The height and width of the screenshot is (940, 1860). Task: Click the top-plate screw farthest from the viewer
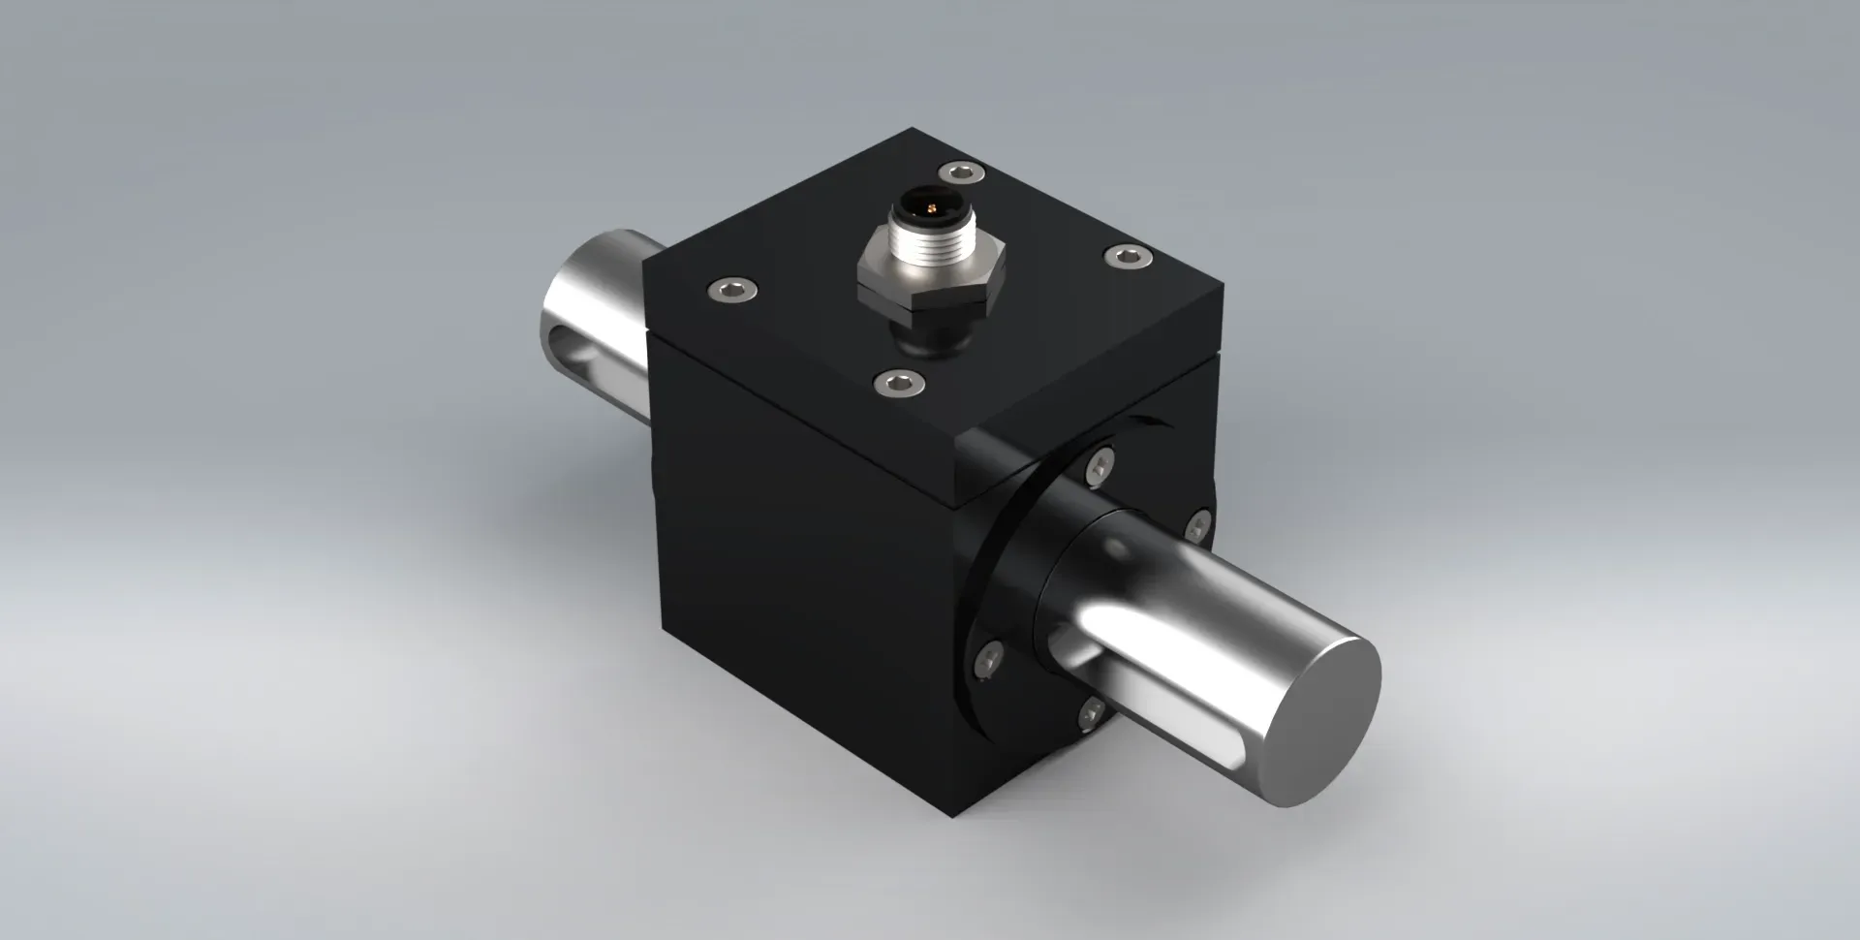pos(960,172)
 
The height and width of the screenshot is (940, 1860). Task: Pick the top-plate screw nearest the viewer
pos(899,382)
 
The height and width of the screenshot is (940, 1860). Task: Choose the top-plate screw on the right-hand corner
pos(1128,256)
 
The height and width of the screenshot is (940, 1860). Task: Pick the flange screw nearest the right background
pos(1200,529)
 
